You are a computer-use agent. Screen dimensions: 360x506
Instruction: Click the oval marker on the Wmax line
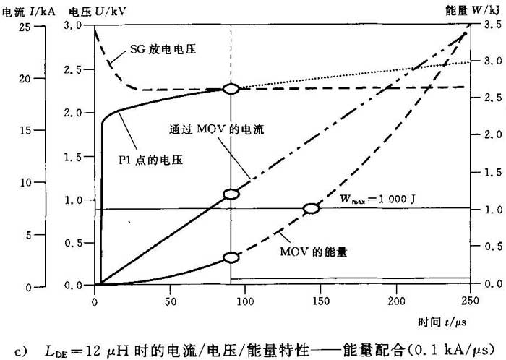311,208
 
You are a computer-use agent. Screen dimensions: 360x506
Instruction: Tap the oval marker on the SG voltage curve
231,89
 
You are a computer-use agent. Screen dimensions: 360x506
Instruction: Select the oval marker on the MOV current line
231,194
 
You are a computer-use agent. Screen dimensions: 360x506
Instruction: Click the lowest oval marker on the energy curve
231,257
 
